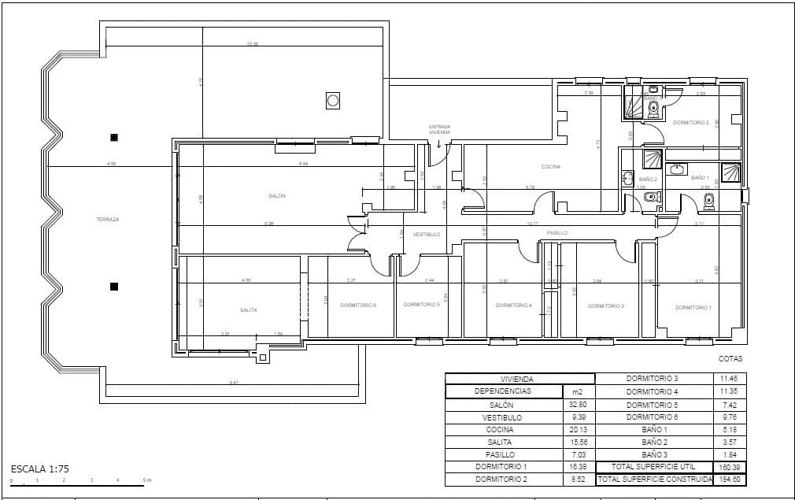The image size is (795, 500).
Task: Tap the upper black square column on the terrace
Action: [x=114, y=138]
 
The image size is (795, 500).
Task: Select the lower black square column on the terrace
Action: [x=114, y=287]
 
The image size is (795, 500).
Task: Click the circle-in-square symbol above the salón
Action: [x=333, y=100]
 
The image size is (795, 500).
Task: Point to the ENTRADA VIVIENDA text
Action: [x=439, y=129]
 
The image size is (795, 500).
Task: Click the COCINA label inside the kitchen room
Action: [x=550, y=167]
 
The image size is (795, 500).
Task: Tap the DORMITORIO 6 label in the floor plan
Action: [x=357, y=305]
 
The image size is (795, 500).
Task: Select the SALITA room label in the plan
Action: [x=249, y=309]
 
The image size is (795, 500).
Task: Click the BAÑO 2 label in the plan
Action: [x=648, y=180]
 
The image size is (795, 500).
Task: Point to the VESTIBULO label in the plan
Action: [x=427, y=234]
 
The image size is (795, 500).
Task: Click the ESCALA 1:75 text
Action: [x=40, y=469]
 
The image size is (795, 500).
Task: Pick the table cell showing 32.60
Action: [x=579, y=405]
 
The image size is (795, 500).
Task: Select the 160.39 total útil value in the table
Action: [x=730, y=467]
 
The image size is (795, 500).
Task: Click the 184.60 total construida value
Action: [x=730, y=480]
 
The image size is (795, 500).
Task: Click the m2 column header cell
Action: [x=579, y=391]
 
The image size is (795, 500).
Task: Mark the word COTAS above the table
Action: [x=730, y=358]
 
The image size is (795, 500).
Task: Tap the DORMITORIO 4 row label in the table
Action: [x=652, y=391]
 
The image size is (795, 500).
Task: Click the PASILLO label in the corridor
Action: [x=557, y=233]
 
